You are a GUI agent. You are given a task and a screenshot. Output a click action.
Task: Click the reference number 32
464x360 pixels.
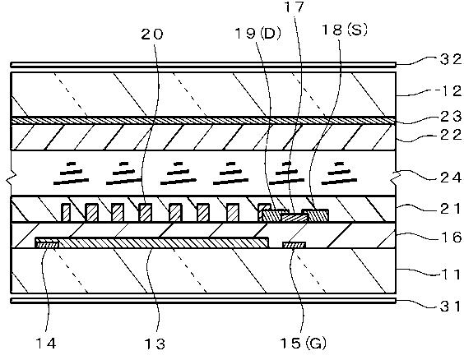450,59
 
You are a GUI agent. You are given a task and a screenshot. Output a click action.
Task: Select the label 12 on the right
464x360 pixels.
451,91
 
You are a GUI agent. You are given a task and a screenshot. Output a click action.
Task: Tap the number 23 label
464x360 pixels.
450,116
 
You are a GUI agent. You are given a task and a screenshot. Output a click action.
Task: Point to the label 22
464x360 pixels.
450,135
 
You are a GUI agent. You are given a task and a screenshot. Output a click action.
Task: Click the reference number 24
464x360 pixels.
450,178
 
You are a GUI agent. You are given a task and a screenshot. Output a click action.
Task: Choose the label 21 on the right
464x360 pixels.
450,210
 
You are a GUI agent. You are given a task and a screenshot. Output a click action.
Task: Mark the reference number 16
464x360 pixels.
450,237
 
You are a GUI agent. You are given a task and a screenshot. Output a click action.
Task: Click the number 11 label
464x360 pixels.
451,275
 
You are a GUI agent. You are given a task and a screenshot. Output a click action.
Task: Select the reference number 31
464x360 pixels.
450,307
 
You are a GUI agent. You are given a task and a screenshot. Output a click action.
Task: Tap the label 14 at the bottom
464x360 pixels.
46,344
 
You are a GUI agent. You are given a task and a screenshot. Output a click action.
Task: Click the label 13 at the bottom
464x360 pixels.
155,344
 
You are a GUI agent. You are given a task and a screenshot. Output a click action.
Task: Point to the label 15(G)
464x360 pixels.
304,344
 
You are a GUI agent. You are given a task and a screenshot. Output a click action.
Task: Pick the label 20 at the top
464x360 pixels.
152,35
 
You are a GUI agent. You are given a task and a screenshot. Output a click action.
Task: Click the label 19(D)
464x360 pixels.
258,34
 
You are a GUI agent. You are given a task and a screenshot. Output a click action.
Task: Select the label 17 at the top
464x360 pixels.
295,7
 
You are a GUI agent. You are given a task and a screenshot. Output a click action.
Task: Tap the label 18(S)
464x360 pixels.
345,30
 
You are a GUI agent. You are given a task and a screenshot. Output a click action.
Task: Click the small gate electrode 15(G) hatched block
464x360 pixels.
294,245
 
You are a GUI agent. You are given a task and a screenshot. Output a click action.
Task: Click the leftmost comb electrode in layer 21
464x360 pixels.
66,213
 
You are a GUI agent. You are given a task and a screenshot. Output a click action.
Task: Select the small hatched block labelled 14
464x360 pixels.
48,244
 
